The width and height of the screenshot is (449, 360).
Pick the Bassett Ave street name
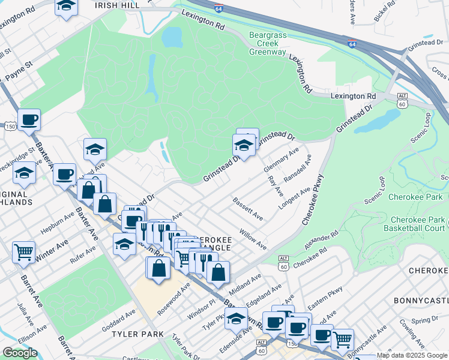click(x=247, y=208)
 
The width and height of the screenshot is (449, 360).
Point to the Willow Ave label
click(x=253, y=238)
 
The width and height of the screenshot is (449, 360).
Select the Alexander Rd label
click(x=321, y=241)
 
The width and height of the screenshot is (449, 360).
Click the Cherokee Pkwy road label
click(x=313, y=199)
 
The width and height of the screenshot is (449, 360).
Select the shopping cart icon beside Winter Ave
click(x=23, y=252)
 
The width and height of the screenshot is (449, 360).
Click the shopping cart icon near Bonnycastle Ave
click(x=342, y=339)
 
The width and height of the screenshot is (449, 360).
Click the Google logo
click(x=20, y=352)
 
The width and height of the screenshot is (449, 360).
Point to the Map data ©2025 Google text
click(x=412, y=355)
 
